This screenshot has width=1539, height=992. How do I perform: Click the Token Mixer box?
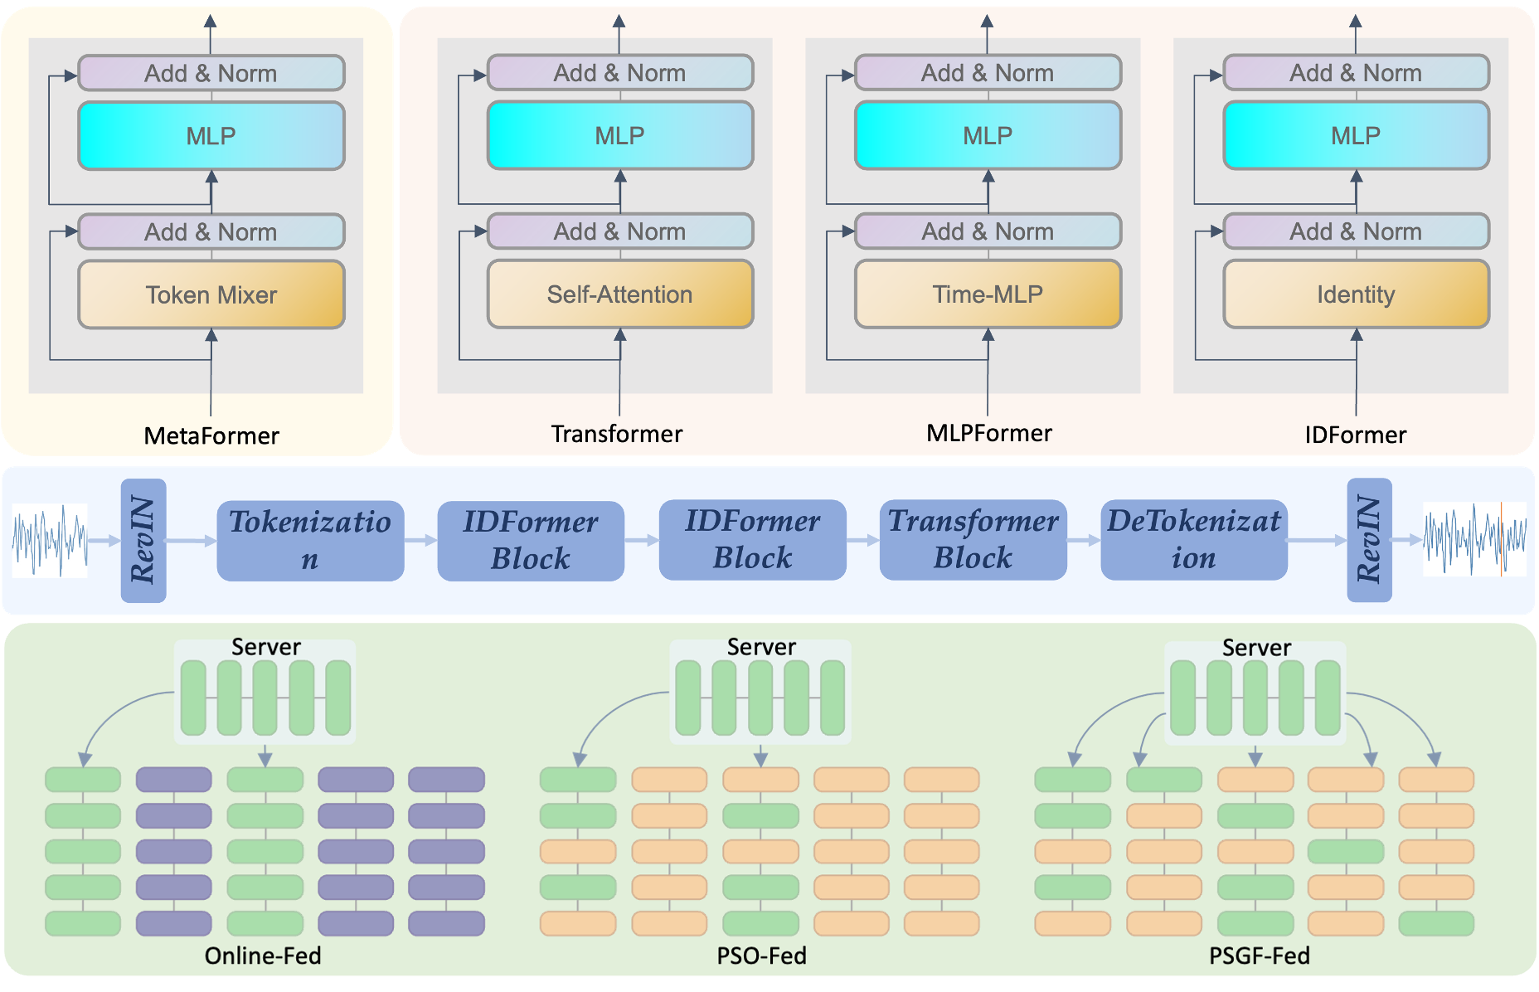[x=211, y=294]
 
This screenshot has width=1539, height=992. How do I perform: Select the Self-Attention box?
[x=619, y=294]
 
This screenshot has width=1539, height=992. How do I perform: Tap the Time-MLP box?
[x=988, y=294]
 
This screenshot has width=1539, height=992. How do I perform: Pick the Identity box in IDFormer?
[x=1356, y=294]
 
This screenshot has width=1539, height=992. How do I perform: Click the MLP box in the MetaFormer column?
[x=211, y=136]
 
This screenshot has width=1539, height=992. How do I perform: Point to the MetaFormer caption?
[x=211, y=435]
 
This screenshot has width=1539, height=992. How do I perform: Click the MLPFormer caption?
[x=988, y=433]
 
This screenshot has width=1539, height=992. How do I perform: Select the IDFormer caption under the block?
[x=1355, y=435]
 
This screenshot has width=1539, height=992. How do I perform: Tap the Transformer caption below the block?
[x=617, y=434]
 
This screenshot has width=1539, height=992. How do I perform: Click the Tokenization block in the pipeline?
[x=310, y=540]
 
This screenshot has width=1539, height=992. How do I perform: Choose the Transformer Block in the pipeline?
[x=973, y=539]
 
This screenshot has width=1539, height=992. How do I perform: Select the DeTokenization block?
[x=1193, y=539]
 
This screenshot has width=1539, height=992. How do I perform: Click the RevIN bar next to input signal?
[x=143, y=540]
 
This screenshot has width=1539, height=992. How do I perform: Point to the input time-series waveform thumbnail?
[x=50, y=540]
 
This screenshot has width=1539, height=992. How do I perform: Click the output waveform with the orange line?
[x=1474, y=539]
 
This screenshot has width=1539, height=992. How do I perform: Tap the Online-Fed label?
[x=263, y=956]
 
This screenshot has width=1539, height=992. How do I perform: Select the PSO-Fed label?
[x=761, y=956]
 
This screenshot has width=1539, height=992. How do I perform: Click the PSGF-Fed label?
[x=1259, y=956]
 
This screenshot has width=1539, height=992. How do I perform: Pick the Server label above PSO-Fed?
[x=761, y=647]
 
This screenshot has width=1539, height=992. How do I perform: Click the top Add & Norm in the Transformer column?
[x=619, y=73]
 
